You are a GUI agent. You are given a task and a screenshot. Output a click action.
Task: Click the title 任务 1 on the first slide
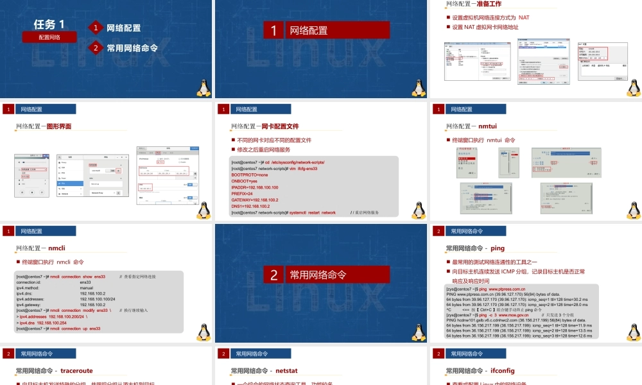click(x=49, y=24)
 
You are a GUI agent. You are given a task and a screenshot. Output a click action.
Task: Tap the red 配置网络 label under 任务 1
click(x=49, y=37)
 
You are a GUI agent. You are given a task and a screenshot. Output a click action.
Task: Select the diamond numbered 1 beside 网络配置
click(x=96, y=28)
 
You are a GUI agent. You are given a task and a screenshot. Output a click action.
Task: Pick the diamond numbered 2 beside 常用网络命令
click(x=96, y=47)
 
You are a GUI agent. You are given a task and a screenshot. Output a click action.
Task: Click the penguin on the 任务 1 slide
click(x=204, y=88)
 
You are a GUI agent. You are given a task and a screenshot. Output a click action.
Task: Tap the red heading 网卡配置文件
click(x=280, y=126)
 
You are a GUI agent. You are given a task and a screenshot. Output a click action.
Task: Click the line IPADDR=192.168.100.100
click(x=255, y=187)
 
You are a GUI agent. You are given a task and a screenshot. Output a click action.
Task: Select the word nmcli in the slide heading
click(x=56, y=248)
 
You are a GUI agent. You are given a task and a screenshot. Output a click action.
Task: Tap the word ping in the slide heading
click(x=498, y=248)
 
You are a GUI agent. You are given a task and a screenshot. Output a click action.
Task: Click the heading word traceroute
click(x=77, y=371)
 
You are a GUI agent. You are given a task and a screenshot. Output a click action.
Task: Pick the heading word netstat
click(x=287, y=371)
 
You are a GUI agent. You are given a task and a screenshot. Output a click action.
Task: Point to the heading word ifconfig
click(x=503, y=371)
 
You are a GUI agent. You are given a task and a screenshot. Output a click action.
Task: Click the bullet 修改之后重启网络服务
click(x=263, y=150)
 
